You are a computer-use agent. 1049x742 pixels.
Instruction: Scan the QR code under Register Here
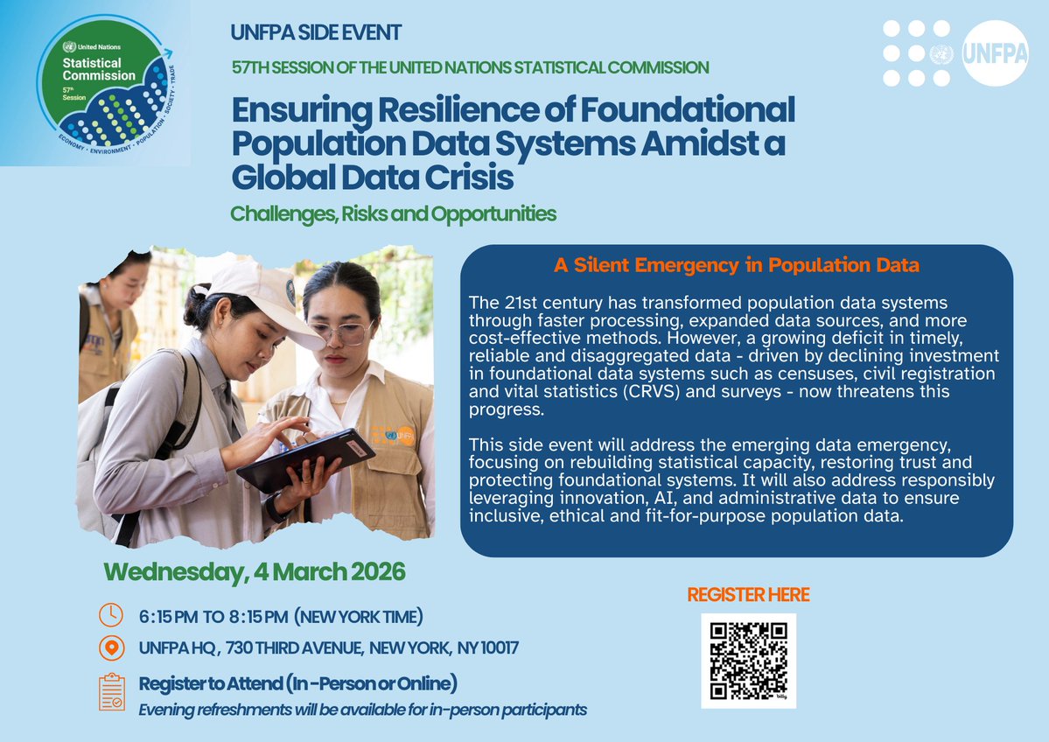tap(748, 661)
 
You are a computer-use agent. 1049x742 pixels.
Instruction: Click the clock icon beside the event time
tap(110, 615)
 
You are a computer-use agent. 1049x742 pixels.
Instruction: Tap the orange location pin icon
tap(110, 648)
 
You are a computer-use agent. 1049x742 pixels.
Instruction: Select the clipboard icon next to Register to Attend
tap(111, 692)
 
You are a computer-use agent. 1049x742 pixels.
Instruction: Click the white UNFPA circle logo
tap(995, 52)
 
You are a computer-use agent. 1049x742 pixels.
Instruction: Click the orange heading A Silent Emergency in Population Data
tap(736, 264)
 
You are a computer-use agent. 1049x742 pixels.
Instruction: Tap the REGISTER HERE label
tap(748, 595)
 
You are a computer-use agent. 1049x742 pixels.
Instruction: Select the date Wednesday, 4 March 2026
tap(255, 572)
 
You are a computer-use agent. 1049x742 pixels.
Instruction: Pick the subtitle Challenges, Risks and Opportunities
tap(393, 213)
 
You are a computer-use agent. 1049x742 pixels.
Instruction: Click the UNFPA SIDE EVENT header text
tap(316, 33)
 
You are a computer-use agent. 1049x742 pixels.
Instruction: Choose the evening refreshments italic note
tap(363, 709)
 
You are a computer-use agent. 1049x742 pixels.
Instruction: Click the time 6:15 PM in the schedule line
tap(169, 616)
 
